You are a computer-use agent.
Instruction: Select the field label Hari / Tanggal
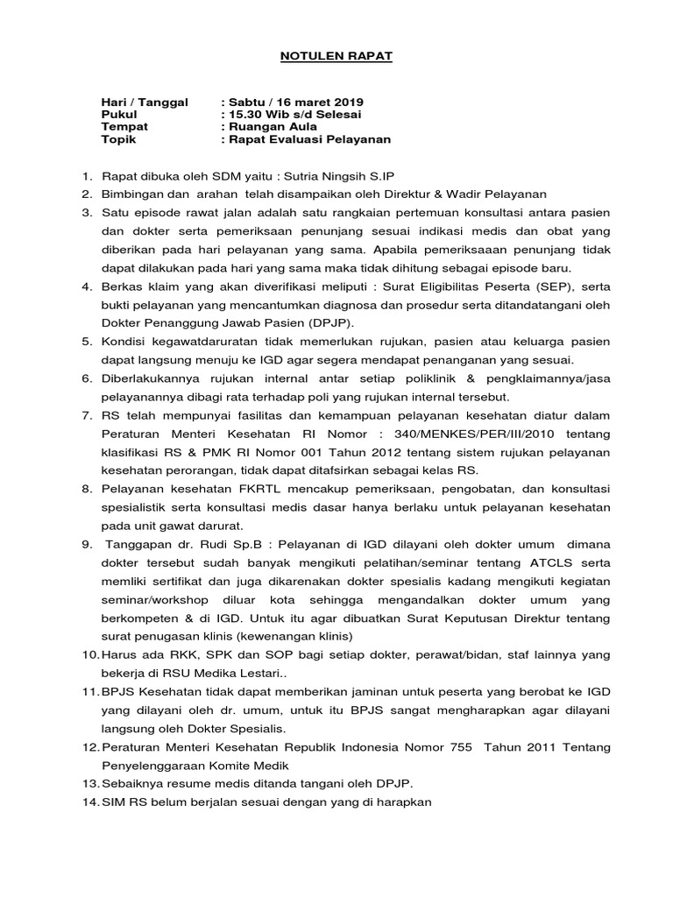coord(145,102)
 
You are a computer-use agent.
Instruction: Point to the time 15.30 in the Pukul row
coord(245,115)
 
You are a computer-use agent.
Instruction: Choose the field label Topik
coord(119,139)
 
